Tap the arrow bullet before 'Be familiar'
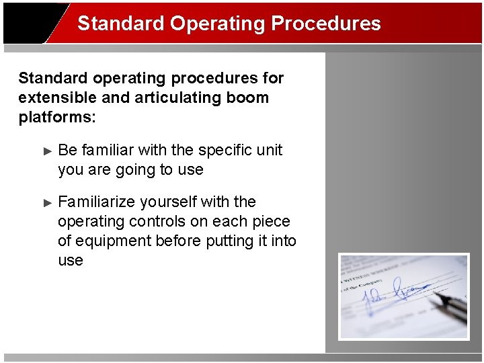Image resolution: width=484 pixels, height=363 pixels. coord(47,151)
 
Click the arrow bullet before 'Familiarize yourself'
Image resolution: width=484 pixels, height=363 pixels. coord(47,202)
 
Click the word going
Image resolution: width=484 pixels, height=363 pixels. coord(134,169)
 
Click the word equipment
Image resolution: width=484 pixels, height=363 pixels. coord(113,241)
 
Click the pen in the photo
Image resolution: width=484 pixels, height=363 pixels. coord(447,307)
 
